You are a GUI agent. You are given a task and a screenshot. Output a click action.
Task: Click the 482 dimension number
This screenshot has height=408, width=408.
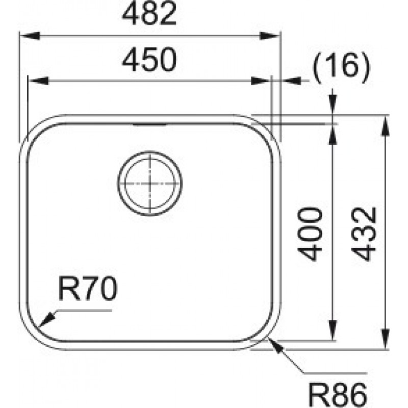(149, 14)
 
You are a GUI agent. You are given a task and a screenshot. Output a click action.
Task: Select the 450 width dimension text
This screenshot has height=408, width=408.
(149, 59)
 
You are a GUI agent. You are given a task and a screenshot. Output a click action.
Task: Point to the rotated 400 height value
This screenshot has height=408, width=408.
(310, 234)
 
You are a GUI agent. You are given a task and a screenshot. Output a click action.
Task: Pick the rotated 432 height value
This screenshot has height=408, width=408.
(364, 234)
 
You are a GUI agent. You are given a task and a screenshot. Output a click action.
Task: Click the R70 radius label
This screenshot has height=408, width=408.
(88, 289)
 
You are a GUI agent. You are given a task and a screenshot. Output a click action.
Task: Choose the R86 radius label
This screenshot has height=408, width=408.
(338, 395)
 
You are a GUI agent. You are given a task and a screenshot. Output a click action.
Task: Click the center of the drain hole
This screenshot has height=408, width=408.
(149, 184)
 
